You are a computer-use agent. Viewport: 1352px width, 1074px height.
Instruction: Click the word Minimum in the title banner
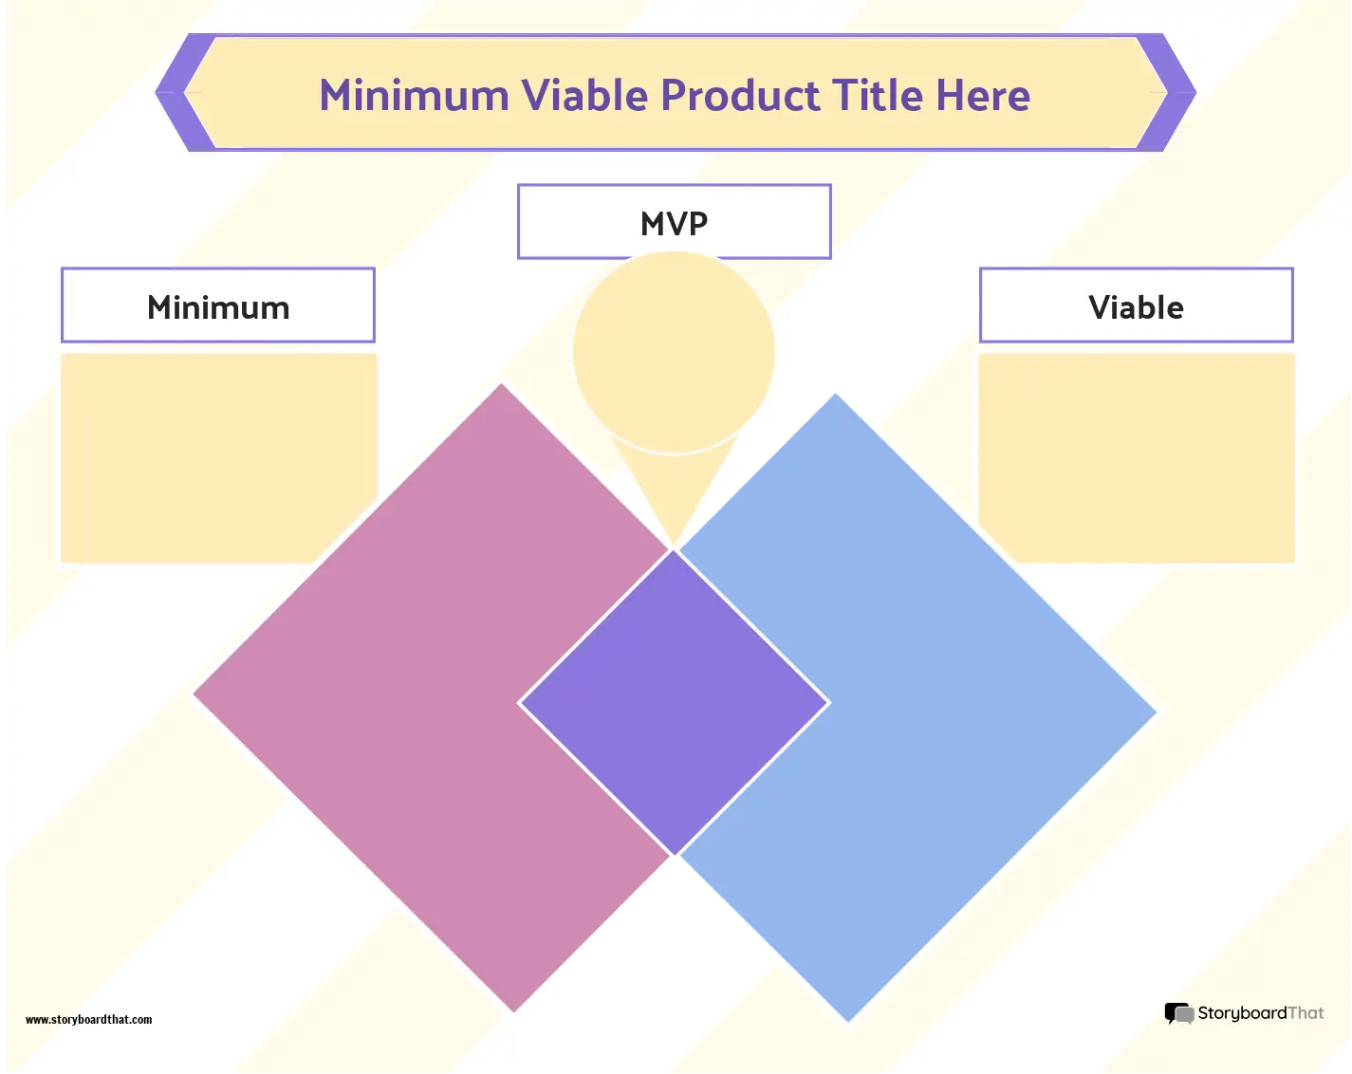[x=414, y=96]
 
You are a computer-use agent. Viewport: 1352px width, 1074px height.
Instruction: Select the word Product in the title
[x=740, y=96]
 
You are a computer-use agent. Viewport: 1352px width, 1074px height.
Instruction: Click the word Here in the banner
[x=983, y=96]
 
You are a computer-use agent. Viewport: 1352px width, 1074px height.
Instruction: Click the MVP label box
[x=674, y=222]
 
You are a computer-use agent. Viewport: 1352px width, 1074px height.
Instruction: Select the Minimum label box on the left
[x=218, y=306]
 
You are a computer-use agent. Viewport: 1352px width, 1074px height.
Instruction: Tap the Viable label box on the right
[x=1136, y=306]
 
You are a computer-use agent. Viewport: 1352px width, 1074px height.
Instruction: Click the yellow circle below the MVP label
[x=674, y=351]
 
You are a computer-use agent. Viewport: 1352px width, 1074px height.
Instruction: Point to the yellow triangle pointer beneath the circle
[x=674, y=489]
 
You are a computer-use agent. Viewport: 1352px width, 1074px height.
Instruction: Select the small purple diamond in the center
[x=674, y=703]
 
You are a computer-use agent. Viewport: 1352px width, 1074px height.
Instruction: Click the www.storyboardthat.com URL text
[x=88, y=1020]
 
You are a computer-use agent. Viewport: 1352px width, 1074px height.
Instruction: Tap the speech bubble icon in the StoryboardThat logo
[x=1178, y=1014]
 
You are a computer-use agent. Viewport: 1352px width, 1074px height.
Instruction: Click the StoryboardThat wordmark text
[x=1260, y=1013]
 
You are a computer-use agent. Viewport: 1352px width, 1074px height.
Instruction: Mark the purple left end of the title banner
[x=176, y=93]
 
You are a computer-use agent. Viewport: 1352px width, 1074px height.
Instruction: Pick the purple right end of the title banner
[x=1175, y=93]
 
